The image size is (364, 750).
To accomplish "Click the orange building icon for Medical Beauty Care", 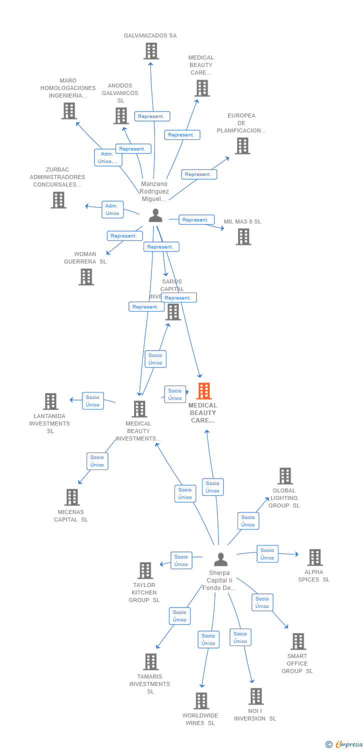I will coord(203,391).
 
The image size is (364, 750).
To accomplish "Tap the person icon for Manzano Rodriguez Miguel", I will coord(155,215).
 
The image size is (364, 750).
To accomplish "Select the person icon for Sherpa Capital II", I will coord(220,559).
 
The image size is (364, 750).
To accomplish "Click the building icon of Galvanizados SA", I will coord(151,51).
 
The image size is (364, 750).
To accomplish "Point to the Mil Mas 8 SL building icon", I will coord(243,237).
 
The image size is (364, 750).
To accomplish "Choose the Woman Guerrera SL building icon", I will coord(86,277).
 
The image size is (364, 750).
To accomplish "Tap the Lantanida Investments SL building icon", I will coord(50,401).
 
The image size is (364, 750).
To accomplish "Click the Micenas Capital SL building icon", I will coord(72,497).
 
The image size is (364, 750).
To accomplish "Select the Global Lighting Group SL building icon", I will coord(285,476).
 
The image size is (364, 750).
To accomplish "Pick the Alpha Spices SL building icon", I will coord(314,557).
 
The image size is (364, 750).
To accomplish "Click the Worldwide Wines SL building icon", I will coord(201,701).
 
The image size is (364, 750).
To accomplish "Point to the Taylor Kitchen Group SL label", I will coord(144,592).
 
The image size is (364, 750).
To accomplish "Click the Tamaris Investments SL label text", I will coord(150,684).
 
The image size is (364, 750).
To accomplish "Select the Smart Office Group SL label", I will coord(297,663).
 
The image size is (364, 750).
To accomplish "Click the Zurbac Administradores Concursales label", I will coord(57,177).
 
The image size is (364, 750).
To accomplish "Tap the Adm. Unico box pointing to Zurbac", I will coord(112,209).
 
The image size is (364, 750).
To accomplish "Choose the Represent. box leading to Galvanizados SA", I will coord(152,116).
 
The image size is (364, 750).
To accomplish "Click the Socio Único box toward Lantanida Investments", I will coord(92,401).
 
